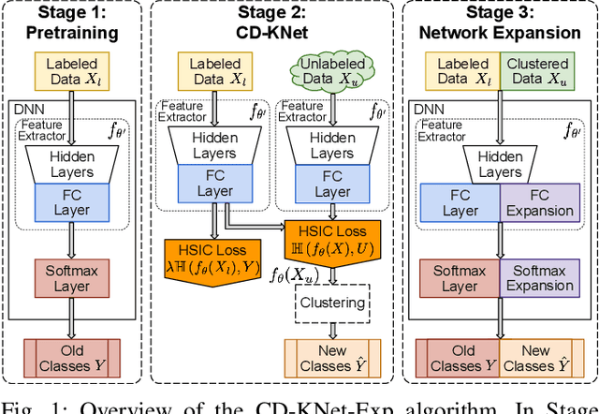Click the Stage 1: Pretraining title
[72, 23]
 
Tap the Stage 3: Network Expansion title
[500, 23]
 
